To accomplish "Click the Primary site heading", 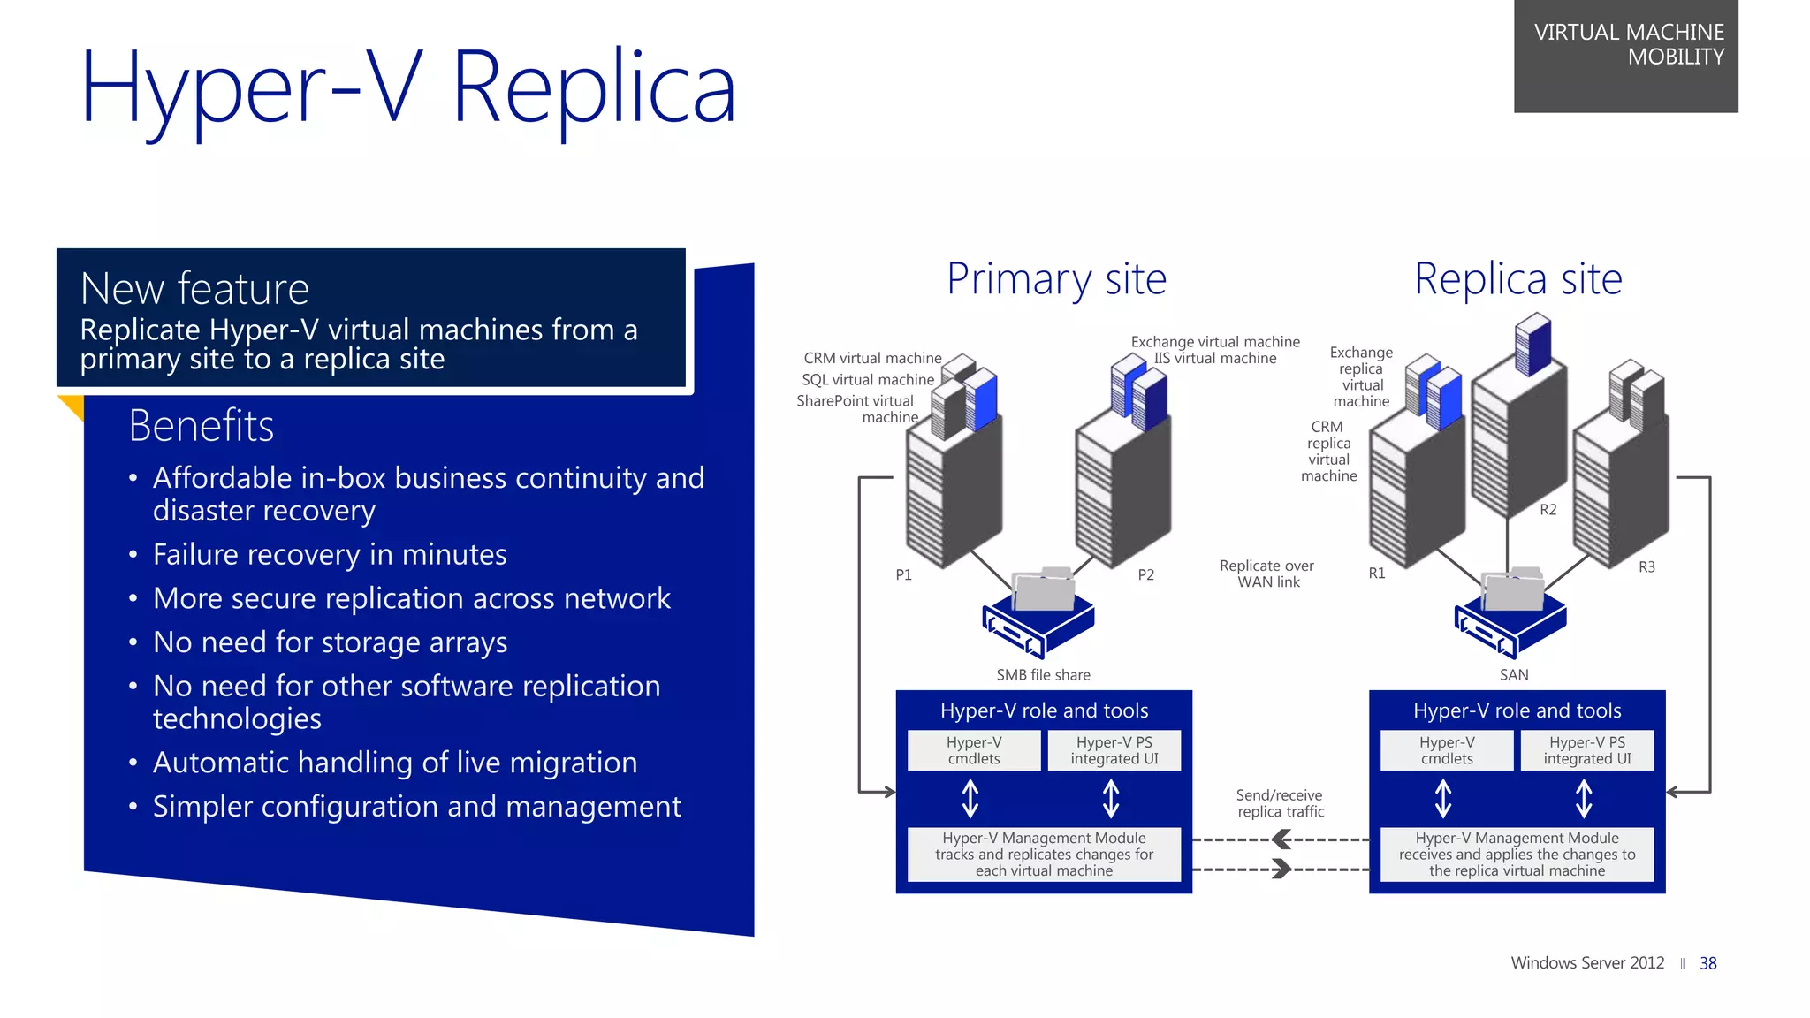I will pyautogui.click(x=1056, y=279).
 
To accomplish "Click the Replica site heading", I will pyautogui.click(x=1517, y=279).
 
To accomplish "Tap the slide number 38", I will pyautogui.click(x=1707, y=963).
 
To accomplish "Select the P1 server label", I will pyautogui.click(x=903, y=574).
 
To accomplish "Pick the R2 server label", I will pyautogui.click(x=1548, y=510).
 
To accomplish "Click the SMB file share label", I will pyautogui.click(x=1043, y=675).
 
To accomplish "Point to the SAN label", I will pyautogui.click(x=1513, y=675).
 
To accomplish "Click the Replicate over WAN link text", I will pyautogui.click(x=1266, y=574).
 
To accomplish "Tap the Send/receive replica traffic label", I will pyautogui.click(x=1280, y=803).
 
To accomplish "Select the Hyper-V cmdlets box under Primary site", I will pyautogui.click(x=974, y=750).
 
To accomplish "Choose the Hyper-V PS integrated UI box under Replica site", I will pyautogui.click(x=1586, y=750).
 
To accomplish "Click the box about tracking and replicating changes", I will pyautogui.click(x=1044, y=854).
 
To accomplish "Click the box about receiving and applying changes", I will pyautogui.click(x=1517, y=854).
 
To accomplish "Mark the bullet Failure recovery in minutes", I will pyautogui.click(x=330, y=555).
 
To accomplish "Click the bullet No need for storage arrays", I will pyautogui.click(x=330, y=642).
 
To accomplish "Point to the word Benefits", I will pyautogui.click(x=201, y=426).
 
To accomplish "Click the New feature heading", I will pyautogui.click(x=194, y=289).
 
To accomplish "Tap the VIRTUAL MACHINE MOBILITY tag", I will pyautogui.click(x=1628, y=44).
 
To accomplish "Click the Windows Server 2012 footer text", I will pyautogui.click(x=1586, y=963).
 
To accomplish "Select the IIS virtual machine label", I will pyautogui.click(x=1214, y=359).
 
